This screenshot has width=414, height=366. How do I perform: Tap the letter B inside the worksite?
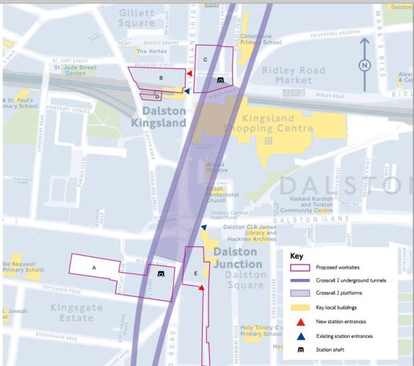click(161, 78)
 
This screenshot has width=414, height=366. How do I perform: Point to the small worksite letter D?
click(157, 96)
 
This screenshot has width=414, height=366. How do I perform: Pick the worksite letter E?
click(195, 273)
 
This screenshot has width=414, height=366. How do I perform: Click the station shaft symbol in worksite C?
click(220, 80)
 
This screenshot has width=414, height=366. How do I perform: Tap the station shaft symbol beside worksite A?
click(161, 273)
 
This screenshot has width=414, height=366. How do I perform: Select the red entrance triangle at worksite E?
click(201, 286)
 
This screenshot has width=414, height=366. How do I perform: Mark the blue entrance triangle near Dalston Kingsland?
click(187, 90)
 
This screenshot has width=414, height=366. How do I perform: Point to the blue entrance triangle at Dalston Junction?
click(204, 227)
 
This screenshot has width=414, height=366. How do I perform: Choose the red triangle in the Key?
click(301, 322)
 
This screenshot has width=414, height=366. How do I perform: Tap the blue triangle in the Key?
click(301, 336)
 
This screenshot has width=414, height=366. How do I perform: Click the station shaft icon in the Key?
click(301, 349)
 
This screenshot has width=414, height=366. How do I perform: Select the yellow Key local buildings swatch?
click(301, 308)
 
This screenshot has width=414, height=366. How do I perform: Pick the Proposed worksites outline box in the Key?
click(301, 267)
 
